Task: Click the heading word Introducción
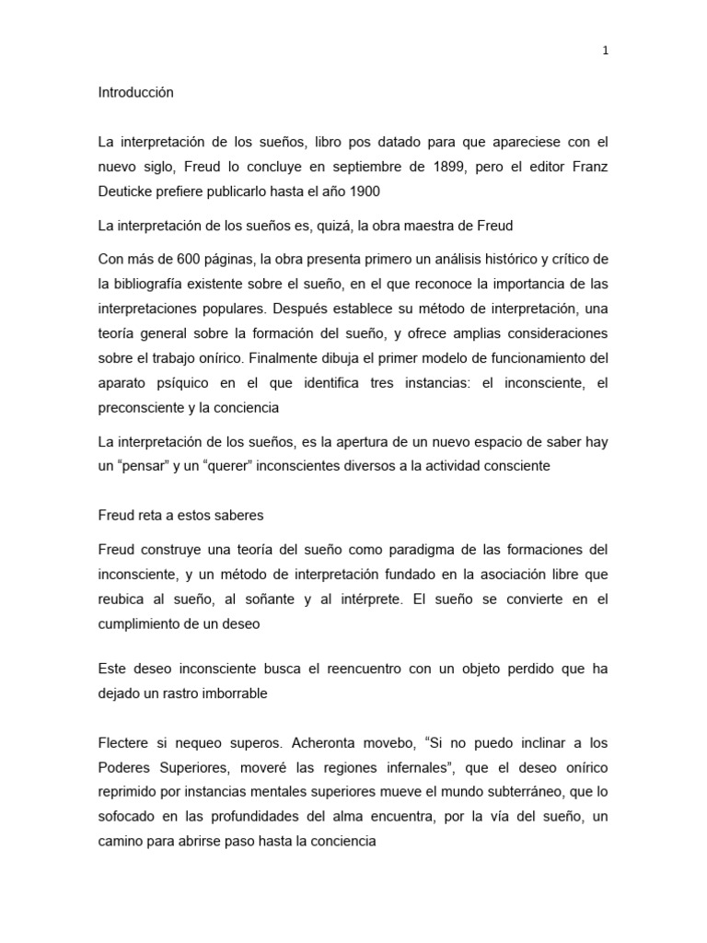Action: [135, 93]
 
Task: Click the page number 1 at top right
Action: [605, 52]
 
